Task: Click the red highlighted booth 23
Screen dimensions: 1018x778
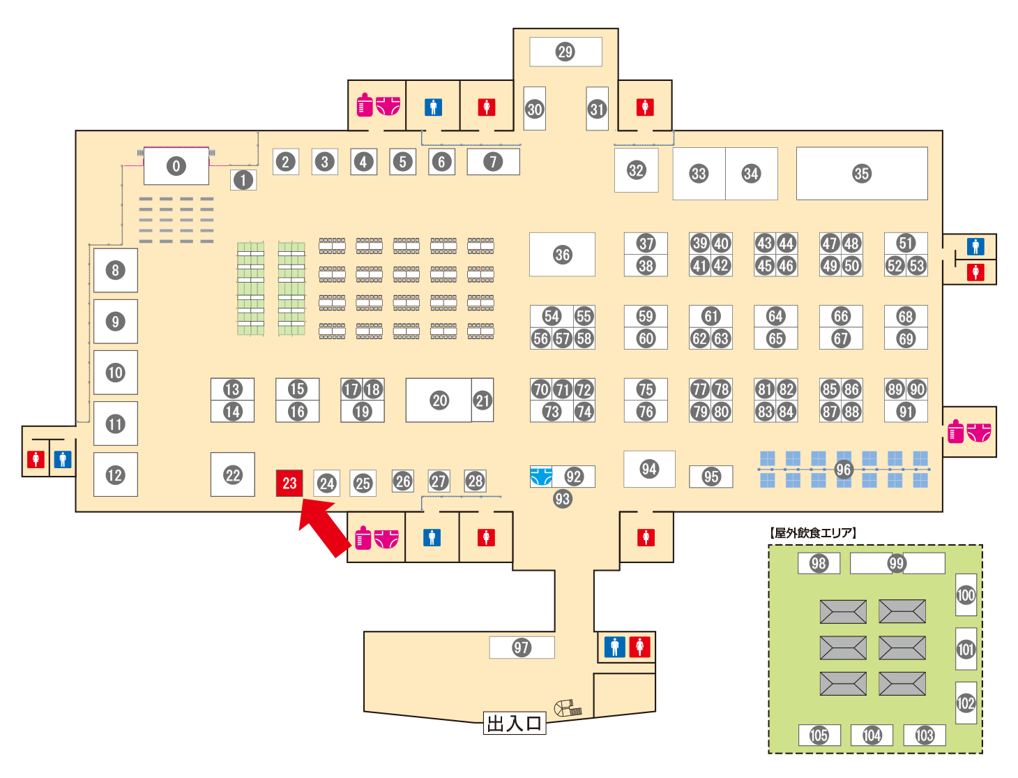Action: click(289, 483)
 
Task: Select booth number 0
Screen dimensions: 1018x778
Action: click(176, 165)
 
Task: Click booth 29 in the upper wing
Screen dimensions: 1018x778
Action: click(565, 52)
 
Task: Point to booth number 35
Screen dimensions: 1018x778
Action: click(861, 174)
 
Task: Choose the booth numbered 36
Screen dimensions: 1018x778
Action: click(562, 254)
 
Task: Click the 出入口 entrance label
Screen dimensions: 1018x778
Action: click(514, 723)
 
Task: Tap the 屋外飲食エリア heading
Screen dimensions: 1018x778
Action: click(812, 532)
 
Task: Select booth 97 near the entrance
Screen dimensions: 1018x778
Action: click(522, 648)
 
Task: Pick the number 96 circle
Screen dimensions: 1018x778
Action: click(843, 470)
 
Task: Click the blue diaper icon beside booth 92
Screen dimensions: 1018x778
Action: click(541, 477)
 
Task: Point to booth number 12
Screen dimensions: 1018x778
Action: click(116, 474)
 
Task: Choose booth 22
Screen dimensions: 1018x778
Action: click(232, 474)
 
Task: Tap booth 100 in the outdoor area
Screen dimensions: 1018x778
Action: click(966, 594)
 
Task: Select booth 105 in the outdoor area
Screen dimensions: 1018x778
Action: click(819, 735)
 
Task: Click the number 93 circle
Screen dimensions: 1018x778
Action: click(562, 499)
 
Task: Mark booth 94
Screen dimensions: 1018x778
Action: click(649, 469)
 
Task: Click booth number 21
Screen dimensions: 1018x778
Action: click(483, 400)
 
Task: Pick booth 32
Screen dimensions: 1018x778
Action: click(636, 170)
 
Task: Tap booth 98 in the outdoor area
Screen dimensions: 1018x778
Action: click(819, 563)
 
